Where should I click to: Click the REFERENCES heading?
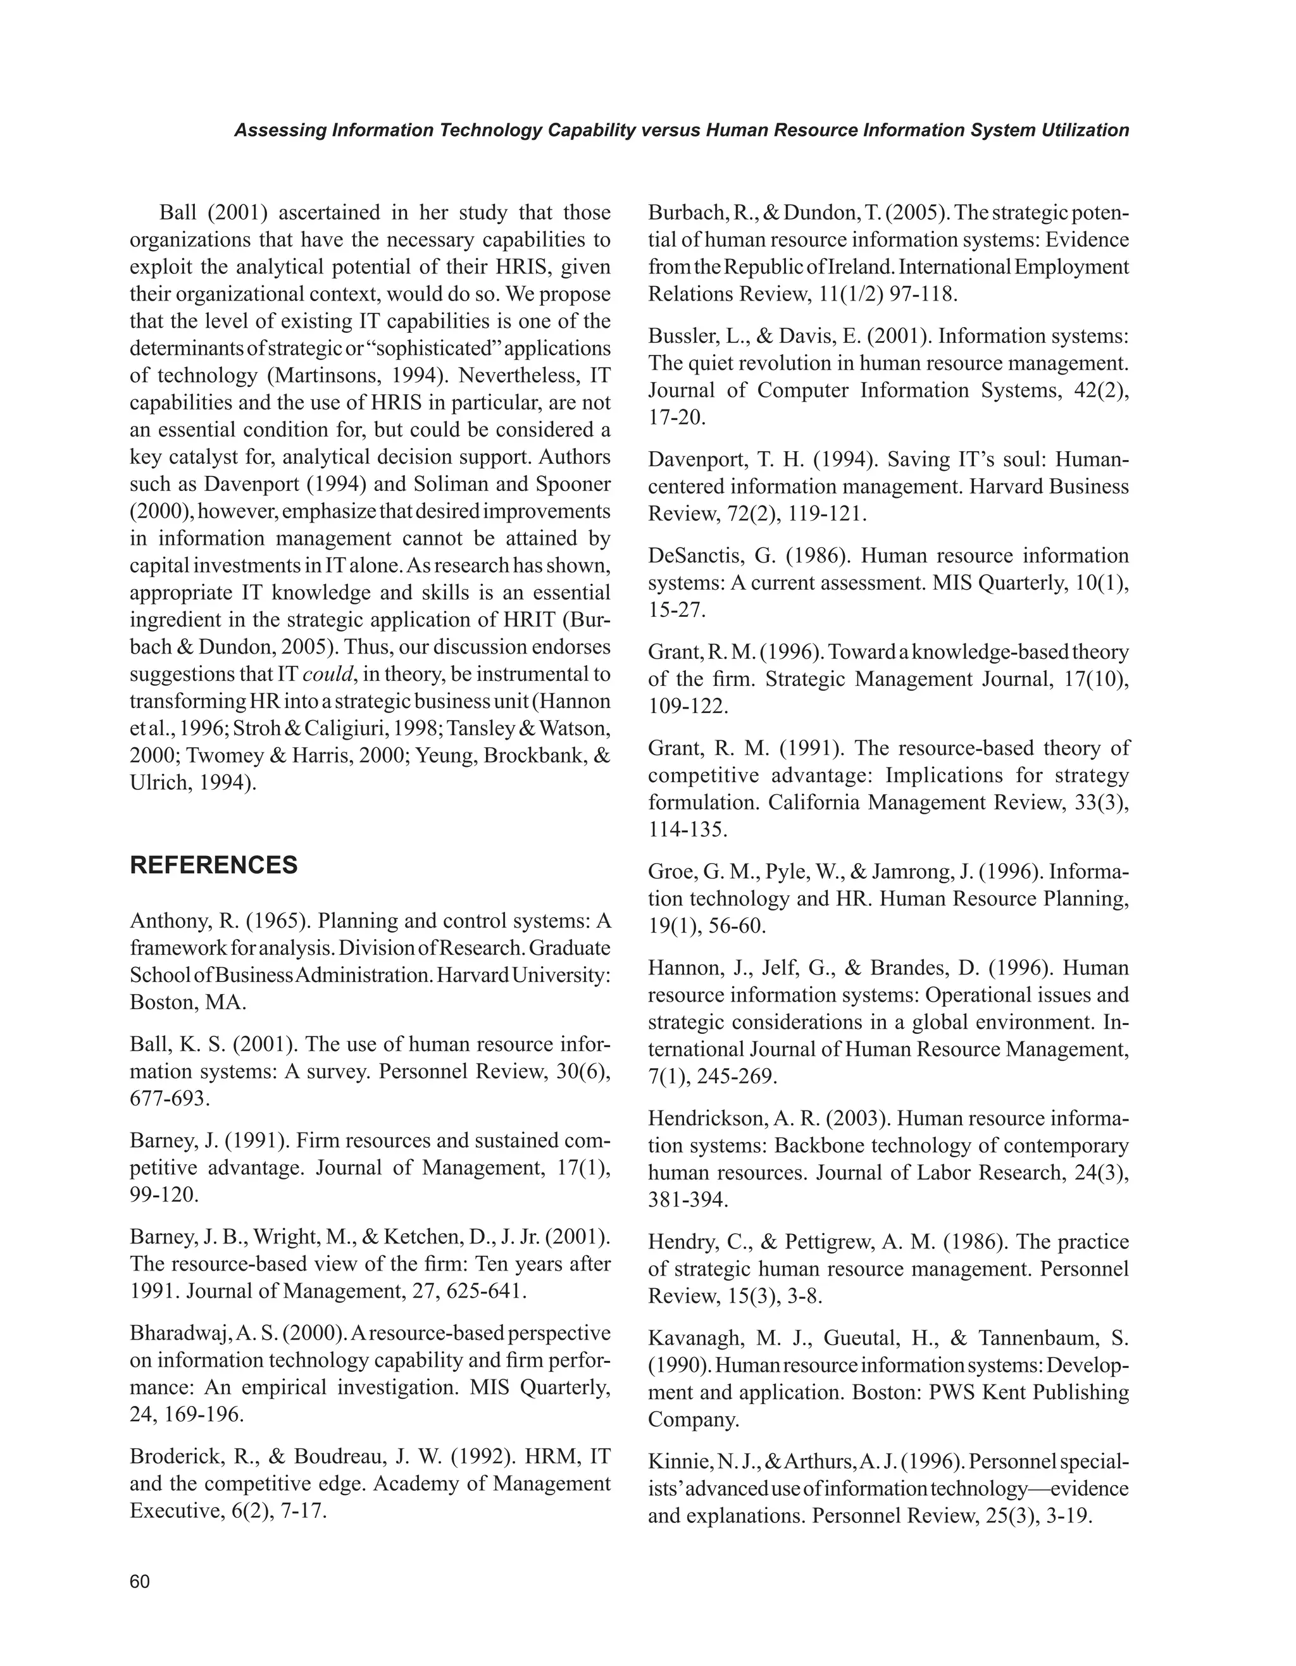coord(214,865)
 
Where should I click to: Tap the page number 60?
coord(140,1581)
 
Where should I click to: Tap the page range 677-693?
coord(168,1098)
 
